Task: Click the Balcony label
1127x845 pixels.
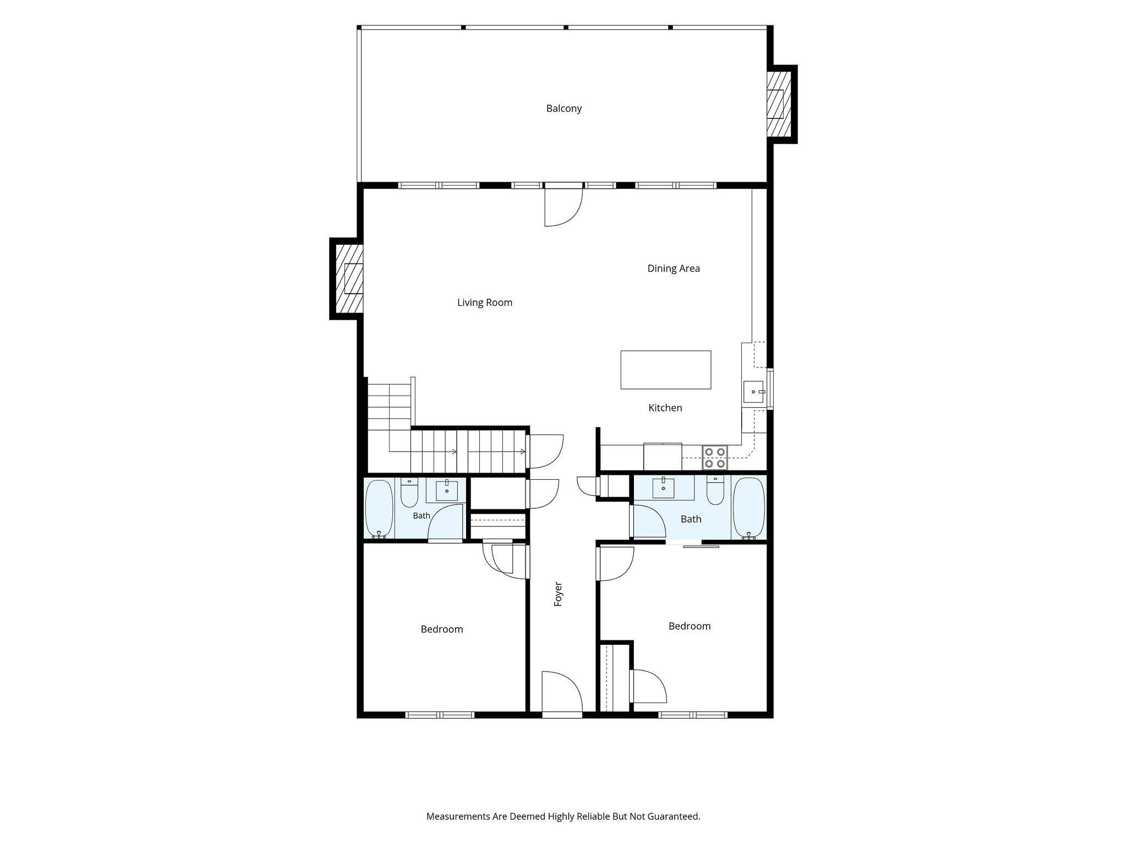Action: (x=563, y=108)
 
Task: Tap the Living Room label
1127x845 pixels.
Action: (x=484, y=303)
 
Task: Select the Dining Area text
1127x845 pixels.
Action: (x=674, y=268)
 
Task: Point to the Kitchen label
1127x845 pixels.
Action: (x=665, y=408)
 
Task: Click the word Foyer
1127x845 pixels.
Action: (x=558, y=594)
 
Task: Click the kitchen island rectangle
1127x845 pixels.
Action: (x=666, y=370)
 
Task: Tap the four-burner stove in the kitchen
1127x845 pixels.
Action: (x=715, y=458)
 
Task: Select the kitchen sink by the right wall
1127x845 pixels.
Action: (x=753, y=392)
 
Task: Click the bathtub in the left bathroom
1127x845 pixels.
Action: (x=379, y=509)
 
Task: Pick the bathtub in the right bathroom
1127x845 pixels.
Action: (x=749, y=509)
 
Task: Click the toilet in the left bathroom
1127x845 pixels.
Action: (x=409, y=493)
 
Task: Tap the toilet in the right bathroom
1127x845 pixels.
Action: (x=715, y=491)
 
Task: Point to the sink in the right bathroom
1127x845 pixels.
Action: (x=663, y=488)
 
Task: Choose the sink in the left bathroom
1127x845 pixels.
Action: (x=447, y=490)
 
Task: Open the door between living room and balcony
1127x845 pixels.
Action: (x=563, y=205)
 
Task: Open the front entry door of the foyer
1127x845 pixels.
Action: (x=562, y=694)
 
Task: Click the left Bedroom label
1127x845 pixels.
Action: (x=441, y=629)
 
